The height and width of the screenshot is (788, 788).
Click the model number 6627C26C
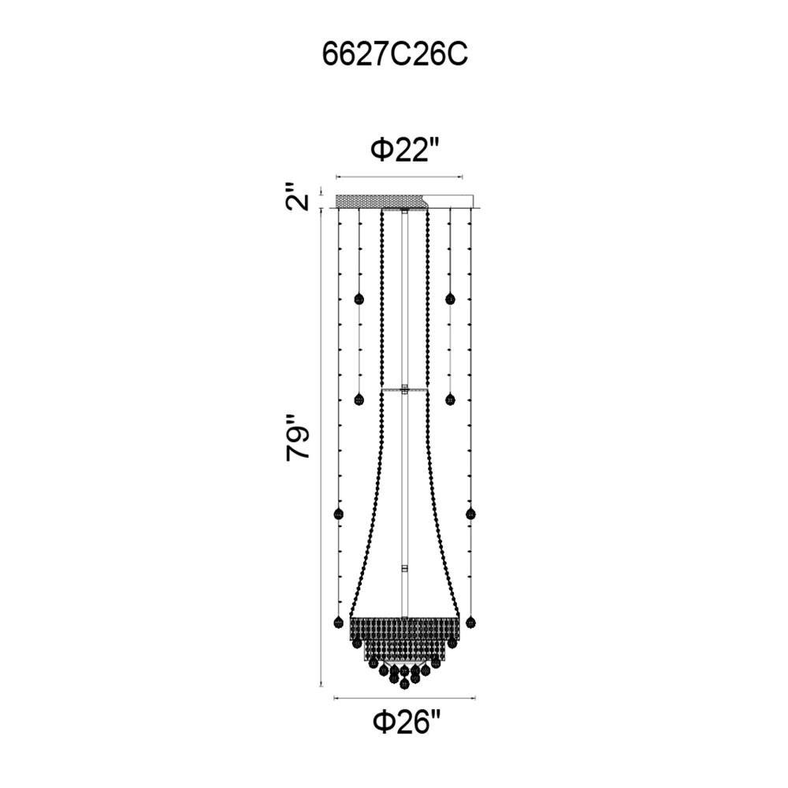tap(395, 55)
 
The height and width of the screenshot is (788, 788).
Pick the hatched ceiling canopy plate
tap(381, 201)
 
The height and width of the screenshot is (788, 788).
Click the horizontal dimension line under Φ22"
tap(399, 177)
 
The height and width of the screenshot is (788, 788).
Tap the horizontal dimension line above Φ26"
tap(404, 698)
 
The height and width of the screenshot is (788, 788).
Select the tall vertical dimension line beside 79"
tap(322, 447)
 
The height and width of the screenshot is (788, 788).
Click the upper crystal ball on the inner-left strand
tap(359, 299)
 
